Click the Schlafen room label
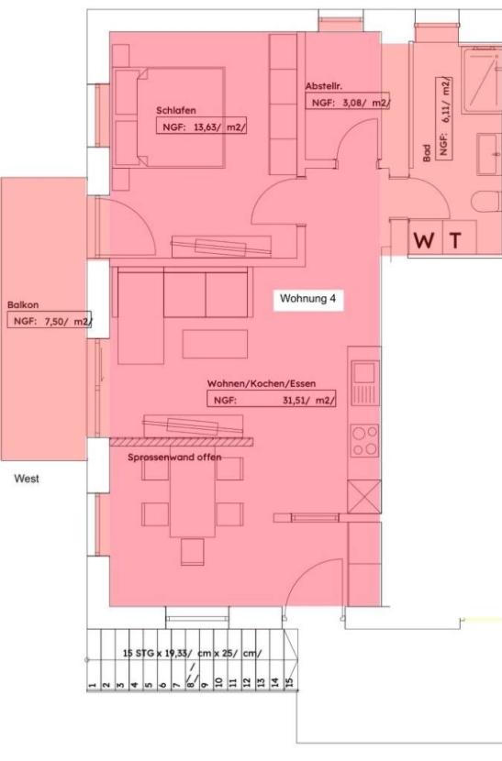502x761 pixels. (x=176, y=111)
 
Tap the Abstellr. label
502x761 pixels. (x=324, y=86)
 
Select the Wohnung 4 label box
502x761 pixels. (x=308, y=298)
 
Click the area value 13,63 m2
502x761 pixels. (x=220, y=127)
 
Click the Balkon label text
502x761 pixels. (x=23, y=304)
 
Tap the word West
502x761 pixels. (x=27, y=479)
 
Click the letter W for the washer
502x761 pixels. (x=424, y=240)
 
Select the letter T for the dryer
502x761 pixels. (x=455, y=240)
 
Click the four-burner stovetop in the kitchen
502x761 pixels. (x=364, y=440)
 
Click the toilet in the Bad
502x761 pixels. (x=486, y=201)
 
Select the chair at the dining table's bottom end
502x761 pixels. (x=193, y=552)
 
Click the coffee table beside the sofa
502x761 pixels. (x=215, y=344)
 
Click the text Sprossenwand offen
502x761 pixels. (x=174, y=458)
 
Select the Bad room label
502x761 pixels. (x=427, y=153)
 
